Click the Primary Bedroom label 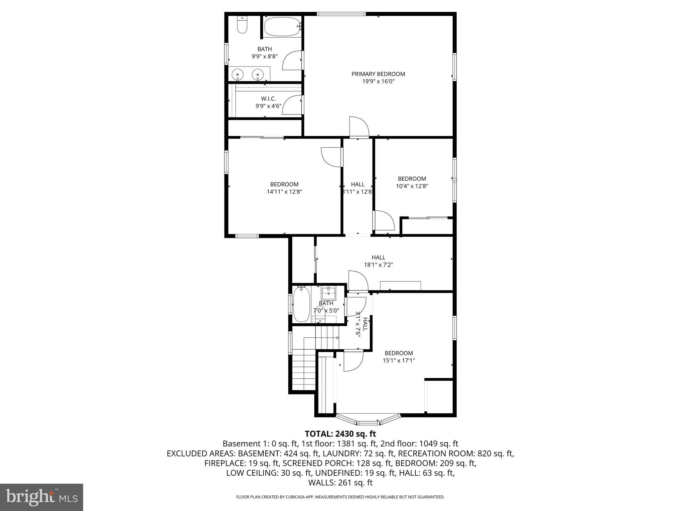tap(378, 74)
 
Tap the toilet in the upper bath tap(242, 26)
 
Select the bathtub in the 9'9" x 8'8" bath tap(282, 27)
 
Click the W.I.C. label tap(268, 99)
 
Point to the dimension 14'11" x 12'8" tap(284, 192)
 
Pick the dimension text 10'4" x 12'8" tap(412, 186)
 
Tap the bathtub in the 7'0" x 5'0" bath tap(302, 304)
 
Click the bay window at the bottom tap(368, 420)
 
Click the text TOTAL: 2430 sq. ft tap(340, 434)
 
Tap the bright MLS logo tap(42, 497)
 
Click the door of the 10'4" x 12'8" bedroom tap(384, 220)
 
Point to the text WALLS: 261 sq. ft tap(340, 482)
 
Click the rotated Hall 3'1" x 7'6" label tap(362, 324)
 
